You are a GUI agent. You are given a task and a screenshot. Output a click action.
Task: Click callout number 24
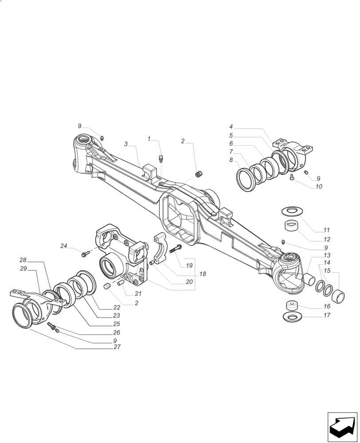click(64, 246)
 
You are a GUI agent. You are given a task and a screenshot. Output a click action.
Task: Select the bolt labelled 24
click(85, 253)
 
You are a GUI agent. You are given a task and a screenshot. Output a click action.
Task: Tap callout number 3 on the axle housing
click(126, 144)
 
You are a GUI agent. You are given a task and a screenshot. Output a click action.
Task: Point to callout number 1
click(149, 139)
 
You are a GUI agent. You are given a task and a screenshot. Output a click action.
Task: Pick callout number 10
click(319, 187)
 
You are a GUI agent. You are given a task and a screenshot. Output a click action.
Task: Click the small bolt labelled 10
click(292, 177)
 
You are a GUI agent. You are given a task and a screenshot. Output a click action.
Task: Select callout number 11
click(327, 230)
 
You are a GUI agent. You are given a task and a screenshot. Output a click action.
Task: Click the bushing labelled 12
click(291, 226)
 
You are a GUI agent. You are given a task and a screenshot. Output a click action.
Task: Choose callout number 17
click(327, 316)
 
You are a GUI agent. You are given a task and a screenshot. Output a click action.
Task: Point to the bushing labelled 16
click(291, 305)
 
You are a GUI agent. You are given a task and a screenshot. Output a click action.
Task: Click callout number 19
click(189, 266)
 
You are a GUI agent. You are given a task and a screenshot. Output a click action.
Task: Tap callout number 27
click(117, 347)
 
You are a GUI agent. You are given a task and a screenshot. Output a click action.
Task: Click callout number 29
click(23, 268)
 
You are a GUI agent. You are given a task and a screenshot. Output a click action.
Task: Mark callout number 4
click(231, 127)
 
